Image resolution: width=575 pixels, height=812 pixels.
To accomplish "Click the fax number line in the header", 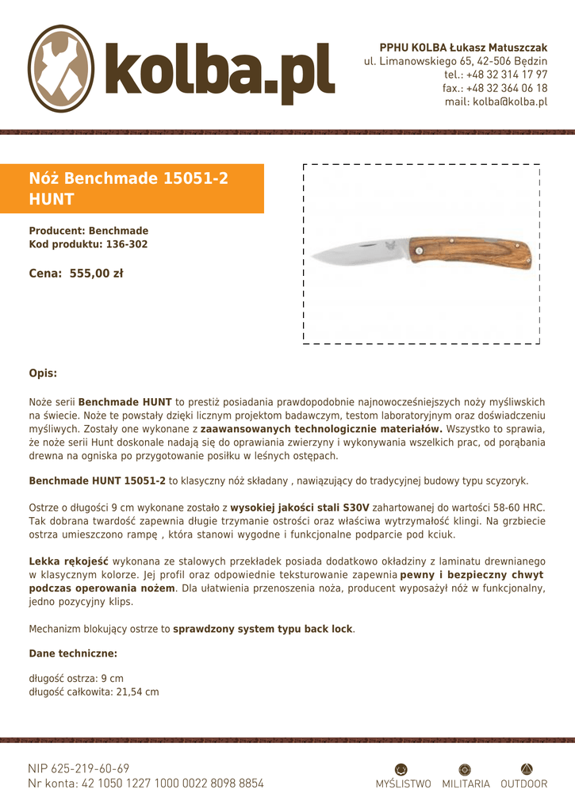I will coord(495,88).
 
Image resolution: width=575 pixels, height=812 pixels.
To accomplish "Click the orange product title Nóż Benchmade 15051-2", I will coord(128,179).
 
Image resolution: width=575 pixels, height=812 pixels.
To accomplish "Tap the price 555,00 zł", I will coord(96,274).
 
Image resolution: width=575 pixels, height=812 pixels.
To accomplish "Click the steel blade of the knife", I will coord(357,254).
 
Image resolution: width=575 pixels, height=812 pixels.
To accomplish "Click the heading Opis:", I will coord(43,373).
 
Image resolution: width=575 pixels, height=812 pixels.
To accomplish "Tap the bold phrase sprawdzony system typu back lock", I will coord(263,629).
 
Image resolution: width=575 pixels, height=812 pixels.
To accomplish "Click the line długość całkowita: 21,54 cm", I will coord(94,691).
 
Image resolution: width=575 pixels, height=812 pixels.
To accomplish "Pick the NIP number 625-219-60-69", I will coord(79,768).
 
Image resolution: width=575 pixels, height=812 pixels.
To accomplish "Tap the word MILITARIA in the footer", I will coord(466,784).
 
